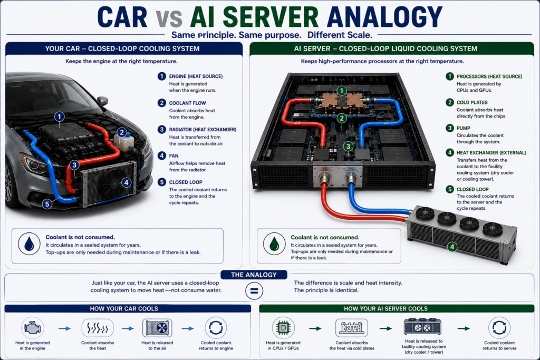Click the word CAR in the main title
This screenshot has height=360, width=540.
pos(122,17)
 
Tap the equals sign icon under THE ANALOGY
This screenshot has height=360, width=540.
pos(254,291)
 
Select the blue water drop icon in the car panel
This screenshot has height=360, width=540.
pos(29,244)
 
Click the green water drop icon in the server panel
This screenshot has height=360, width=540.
pos(274,244)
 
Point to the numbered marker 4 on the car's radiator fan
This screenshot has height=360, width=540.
pos(127,182)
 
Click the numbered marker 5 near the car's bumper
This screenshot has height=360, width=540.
pos(47,204)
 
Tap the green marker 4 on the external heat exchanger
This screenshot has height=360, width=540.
pos(452,247)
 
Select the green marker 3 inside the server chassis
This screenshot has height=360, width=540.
pos(348,147)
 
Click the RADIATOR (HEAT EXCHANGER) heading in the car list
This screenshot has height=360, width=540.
pos(202,130)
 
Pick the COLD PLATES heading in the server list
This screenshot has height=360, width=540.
pos(472,102)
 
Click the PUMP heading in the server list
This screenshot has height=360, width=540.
pos(463,128)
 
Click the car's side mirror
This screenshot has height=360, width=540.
pos(102,101)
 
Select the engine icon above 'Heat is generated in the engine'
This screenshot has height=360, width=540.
pos(32,328)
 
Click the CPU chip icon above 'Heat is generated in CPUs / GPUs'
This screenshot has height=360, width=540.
pos(283,328)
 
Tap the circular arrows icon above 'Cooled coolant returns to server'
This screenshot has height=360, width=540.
pos(499,328)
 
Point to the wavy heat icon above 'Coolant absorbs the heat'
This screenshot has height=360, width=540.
pos(98,328)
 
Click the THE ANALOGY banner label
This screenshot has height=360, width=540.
pos(254,275)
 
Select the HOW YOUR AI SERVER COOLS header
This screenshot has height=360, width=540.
pos(385,309)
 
